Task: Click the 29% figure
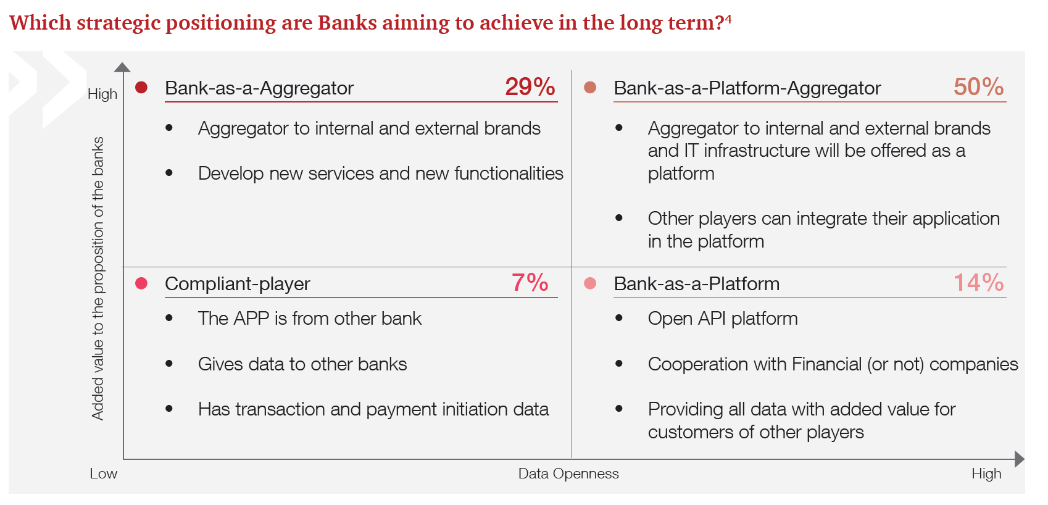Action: [530, 86]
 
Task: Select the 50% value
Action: [979, 86]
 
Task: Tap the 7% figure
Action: [530, 283]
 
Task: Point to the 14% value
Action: [979, 283]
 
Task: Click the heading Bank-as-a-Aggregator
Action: [259, 88]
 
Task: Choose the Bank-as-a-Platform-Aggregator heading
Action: [747, 88]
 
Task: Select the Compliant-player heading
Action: [237, 283]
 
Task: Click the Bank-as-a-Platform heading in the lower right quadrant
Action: [697, 283]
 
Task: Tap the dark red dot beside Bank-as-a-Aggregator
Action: [141, 88]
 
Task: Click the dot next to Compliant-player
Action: [141, 283]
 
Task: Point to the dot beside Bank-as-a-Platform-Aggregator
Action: [590, 88]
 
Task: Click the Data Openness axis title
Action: [568, 474]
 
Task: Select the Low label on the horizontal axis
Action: [104, 474]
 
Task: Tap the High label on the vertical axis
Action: [102, 94]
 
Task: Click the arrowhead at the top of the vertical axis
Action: [122, 67]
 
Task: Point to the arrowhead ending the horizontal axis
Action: [1020, 459]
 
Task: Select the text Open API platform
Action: [723, 319]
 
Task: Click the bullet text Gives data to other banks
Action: [302, 364]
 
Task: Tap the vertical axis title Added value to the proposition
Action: [98, 278]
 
